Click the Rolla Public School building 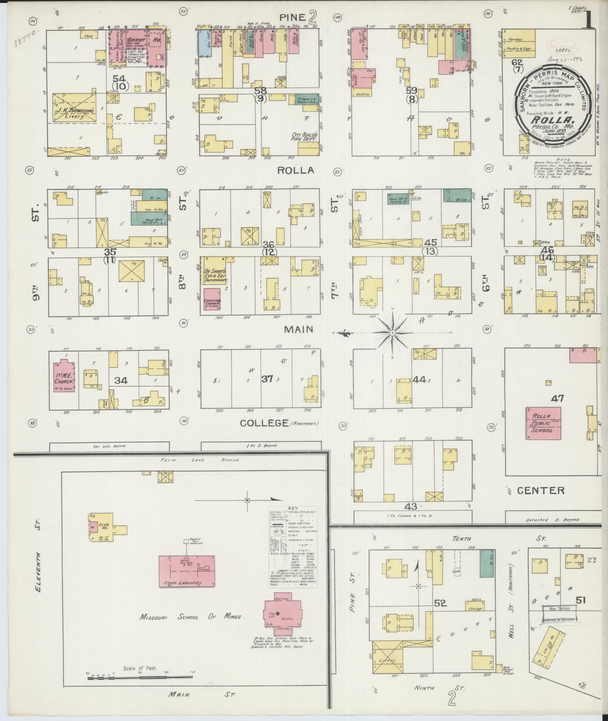(543, 423)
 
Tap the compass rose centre (392, 333)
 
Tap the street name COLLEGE (264, 423)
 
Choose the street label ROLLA (296, 170)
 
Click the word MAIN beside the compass (299, 329)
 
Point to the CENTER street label (541, 490)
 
